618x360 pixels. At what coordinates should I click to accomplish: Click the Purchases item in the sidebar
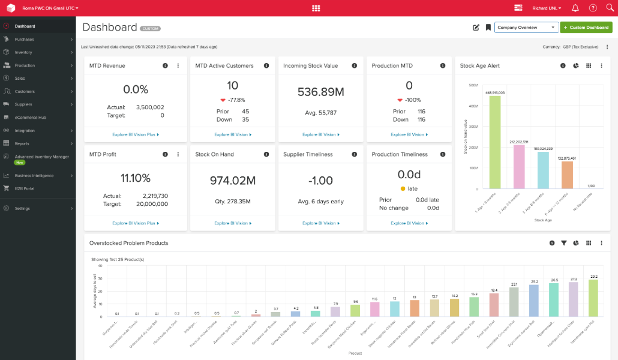point(25,39)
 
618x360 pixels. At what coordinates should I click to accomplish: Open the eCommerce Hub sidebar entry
point(30,117)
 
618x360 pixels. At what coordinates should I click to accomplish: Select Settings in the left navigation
point(22,208)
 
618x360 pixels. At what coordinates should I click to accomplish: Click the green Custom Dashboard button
point(586,27)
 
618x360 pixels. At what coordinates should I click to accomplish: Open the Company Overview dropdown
point(526,27)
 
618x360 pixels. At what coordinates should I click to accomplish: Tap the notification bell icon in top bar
point(575,8)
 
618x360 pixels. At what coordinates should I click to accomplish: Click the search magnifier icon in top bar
point(610,8)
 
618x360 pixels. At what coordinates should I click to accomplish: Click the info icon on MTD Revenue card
point(165,65)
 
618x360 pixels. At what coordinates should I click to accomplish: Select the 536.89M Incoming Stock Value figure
point(320,92)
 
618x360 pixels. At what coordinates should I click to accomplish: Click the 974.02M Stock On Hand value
point(232,180)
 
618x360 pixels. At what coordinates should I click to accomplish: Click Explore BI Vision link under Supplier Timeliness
point(320,223)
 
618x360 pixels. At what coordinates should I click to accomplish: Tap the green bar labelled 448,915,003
point(495,142)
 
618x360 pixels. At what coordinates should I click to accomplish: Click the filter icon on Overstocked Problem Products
point(564,243)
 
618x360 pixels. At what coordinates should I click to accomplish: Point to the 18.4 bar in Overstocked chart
point(494,305)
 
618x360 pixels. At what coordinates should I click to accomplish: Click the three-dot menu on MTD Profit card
point(178,154)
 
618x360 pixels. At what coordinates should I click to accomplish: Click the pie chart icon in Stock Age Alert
point(575,65)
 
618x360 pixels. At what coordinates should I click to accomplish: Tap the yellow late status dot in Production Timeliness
point(403,188)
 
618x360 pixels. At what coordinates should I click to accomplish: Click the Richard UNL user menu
point(546,8)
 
